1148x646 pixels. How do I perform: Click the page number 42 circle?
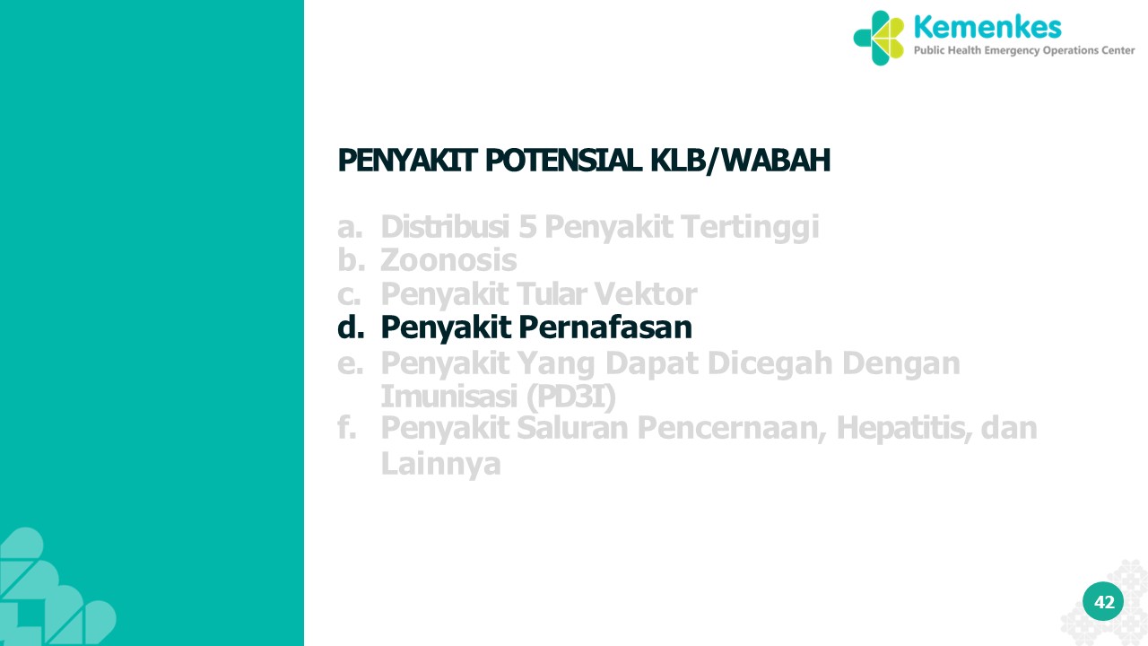coord(1103,601)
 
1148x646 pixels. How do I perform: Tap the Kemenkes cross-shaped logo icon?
coord(879,38)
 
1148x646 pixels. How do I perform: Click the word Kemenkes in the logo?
coord(987,27)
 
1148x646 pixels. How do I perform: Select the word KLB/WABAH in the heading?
coord(741,161)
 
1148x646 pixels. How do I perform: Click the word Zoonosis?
coord(448,260)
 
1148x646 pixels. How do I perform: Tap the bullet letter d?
coord(351,327)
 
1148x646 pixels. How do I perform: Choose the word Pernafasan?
coord(605,327)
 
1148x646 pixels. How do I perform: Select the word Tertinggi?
coord(751,227)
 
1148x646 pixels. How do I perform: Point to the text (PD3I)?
coord(571,397)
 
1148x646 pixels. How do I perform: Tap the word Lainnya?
coord(440,464)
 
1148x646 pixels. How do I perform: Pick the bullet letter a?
coord(350,227)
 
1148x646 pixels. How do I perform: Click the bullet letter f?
coord(347,428)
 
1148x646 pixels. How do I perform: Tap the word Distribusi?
coord(445,226)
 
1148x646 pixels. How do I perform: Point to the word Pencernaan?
coord(732,428)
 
